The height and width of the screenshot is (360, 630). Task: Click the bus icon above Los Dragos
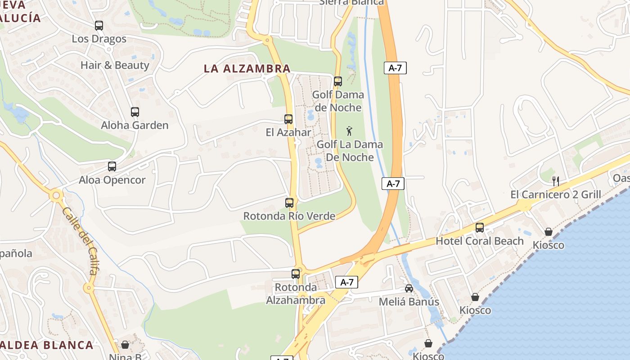[99, 26]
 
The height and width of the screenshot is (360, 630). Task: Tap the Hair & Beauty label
[115, 65]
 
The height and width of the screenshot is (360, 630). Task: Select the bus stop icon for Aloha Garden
[135, 112]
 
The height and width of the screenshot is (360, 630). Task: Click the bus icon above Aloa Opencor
[112, 166]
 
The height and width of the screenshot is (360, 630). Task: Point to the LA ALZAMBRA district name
[247, 69]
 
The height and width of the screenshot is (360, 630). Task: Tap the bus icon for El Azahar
[288, 119]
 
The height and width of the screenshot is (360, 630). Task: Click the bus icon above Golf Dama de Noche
[338, 81]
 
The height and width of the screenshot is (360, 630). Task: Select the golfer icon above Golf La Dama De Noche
[350, 131]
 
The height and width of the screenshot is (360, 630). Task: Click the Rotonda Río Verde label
[289, 216]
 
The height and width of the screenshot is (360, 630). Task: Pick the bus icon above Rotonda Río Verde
[289, 203]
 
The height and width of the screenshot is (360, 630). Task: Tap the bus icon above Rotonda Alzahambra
[296, 274]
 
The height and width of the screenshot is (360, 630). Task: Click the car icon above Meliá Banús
[409, 288]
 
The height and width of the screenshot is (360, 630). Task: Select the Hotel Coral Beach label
[480, 241]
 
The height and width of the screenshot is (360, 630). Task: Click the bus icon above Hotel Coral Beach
[480, 228]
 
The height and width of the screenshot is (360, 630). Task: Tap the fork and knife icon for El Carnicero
[556, 181]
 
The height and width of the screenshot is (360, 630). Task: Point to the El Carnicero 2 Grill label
[556, 194]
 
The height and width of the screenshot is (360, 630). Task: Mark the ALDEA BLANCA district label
[47, 345]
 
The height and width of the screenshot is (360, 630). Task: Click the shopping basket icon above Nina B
[125, 345]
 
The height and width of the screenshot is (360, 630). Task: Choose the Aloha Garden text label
[135, 126]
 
